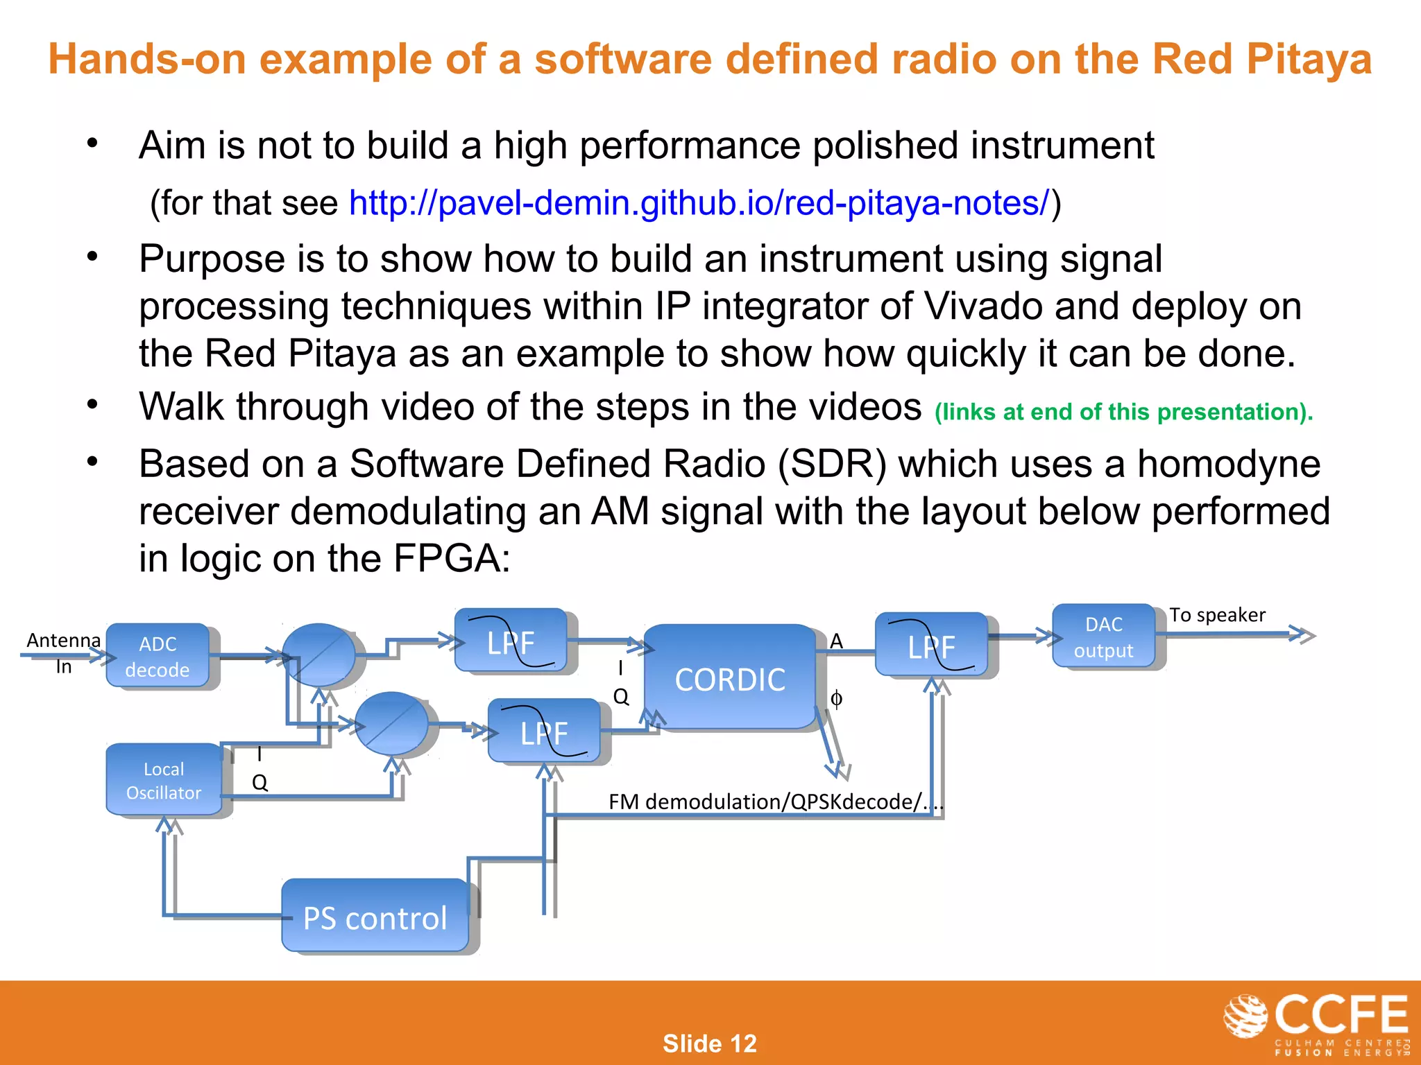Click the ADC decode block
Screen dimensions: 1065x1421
(158, 656)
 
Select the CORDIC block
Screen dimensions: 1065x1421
(730, 677)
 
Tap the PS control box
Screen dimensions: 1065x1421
(375, 917)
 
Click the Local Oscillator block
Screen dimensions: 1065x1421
(164, 780)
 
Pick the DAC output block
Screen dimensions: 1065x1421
(1103, 637)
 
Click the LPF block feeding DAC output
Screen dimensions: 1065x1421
(931, 645)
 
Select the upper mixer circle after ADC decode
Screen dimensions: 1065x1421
(318, 655)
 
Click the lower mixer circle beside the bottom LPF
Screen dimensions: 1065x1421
(392, 723)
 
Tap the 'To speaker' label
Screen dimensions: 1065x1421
(1217, 615)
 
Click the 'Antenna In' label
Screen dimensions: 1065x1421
(63, 652)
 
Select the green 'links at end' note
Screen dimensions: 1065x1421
(1123, 412)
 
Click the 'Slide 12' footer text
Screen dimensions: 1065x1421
(709, 1043)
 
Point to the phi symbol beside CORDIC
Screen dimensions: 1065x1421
(837, 698)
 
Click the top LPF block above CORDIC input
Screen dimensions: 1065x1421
(511, 641)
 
